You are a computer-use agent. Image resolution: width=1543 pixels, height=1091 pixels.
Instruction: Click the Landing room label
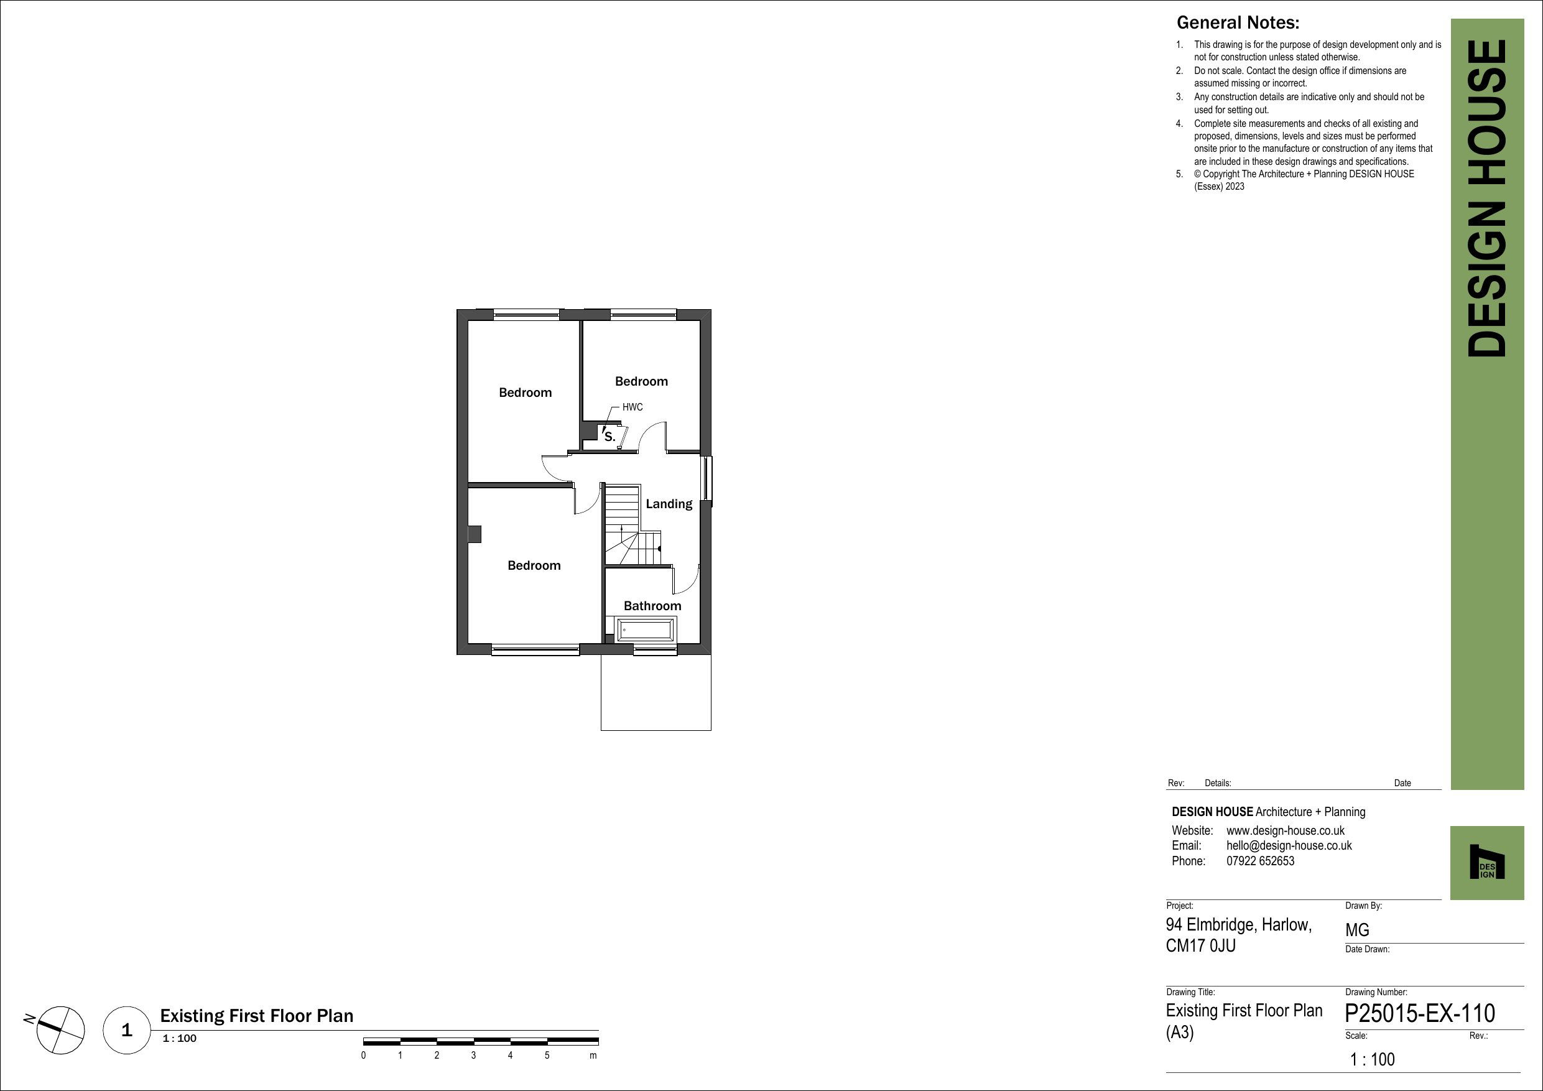pyautogui.click(x=669, y=503)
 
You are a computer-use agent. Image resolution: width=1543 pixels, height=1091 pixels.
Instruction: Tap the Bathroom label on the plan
pyautogui.click(x=652, y=606)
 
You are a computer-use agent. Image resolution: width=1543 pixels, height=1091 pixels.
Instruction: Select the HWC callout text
pyautogui.click(x=632, y=407)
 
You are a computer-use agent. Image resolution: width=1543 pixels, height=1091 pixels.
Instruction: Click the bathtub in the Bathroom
pyautogui.click(x=645, y=630)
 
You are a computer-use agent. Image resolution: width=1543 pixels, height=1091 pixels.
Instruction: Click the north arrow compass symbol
pyautogui.click(x=60, y=1031)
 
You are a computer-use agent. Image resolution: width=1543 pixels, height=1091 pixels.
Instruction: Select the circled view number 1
pyautogui.click(x=127, y=1030)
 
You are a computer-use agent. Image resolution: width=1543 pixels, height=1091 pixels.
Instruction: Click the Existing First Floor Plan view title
pyautogui.click(x=256, y=1016)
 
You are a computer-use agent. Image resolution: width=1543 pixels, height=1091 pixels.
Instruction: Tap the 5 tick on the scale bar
pyautogui.click(x=547, y=1056)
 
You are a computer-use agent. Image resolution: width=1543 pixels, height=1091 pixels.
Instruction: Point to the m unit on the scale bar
pyautogui.click(x=593, y=1056)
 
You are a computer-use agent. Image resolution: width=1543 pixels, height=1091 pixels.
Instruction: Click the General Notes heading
pyautogui.click(x=1238, y=23)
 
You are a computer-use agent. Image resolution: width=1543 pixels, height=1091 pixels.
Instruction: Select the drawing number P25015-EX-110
pyautogui.click(x=1420, y=1013)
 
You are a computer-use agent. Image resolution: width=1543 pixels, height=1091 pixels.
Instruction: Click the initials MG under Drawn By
pyautogui.click(x=1357, y=931)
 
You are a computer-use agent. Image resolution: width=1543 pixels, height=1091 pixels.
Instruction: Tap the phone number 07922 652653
pyautogui.click(x=1260, y=861)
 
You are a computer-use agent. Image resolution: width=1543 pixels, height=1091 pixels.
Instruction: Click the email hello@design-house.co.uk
pyautogui.click(x=1289, y=846)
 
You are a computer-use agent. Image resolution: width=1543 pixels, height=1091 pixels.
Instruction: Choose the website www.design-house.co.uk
pyautogui.click(x=1286, y=831)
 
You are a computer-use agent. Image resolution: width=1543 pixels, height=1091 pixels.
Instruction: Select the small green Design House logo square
pyautogui.click(x=1486, y=863)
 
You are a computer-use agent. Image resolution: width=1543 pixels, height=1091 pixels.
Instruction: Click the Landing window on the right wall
pyautogui.click(x=707, y=478)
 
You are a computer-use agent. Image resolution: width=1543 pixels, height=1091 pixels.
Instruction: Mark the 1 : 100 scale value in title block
pyautogui.click(x=1373, y=1060)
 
